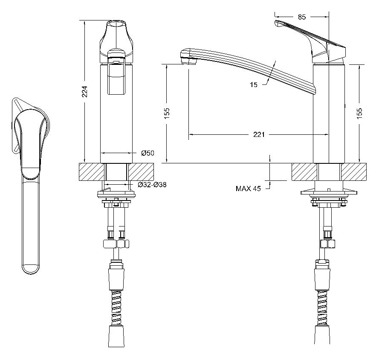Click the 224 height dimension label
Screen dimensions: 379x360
click(x=84, y=91)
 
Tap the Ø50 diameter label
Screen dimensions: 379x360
click(x=148, y=153)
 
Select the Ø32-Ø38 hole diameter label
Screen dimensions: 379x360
click(x=152, y=185)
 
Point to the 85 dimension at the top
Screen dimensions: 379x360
click(x=302, y=17)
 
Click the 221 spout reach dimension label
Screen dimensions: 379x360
click(x=259, y=134)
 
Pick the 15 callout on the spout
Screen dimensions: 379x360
click(x=254, y=84)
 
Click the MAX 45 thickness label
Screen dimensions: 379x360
click(x=248, y=189)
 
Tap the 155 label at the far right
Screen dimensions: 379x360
click(x=359, y=113)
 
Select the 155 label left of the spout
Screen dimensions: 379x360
click(x=167, y=113)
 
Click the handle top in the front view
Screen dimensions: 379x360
click(x=116, y=23)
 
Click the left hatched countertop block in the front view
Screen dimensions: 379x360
click(x=92, y=172)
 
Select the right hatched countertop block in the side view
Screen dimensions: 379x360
click(x=353, y=172)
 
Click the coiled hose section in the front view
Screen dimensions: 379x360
click(x=116, y=308)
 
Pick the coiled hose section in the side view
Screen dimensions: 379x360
click(x=322, y=308)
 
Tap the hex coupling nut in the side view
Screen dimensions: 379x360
click(x=328, y=244)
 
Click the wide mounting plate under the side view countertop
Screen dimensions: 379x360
click(x=329, y=192)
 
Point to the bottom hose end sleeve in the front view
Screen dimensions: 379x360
click(x=116, y=336)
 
